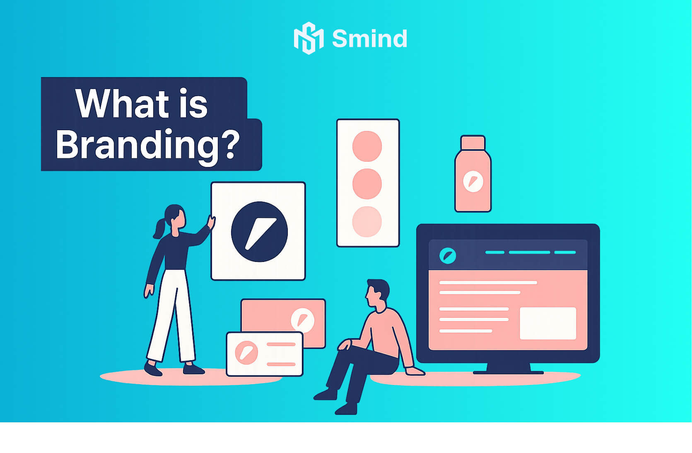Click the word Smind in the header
(x=370, y=39)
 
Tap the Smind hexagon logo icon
(x=309, y=38)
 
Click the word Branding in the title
(x=137, y=145)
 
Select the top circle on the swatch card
(x=367, y=146)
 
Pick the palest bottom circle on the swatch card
(x=367, y=222)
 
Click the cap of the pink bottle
(x=473, y=143)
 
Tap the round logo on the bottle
(x=473, y=181)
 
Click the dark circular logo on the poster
(x=259, y=232)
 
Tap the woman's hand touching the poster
(x=212, y=223)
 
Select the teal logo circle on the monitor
(x=448, y=256)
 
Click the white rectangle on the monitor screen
(x=548, y=323)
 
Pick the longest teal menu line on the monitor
(x=529, y=252)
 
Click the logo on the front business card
(x=246, y=353)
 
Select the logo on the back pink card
(x=302, y=320)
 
